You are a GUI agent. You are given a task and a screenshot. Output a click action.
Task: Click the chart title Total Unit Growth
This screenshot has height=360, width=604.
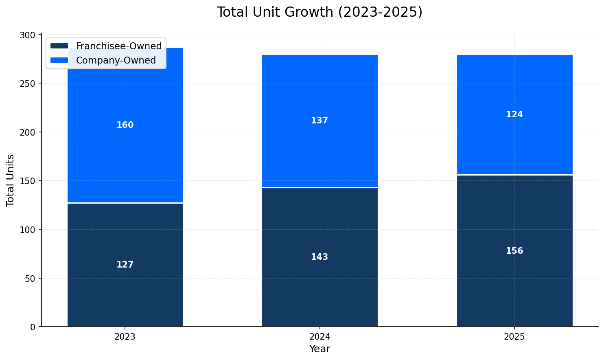click(x=320, y=12)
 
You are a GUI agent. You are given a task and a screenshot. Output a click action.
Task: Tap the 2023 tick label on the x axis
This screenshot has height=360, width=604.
click(x=125, y=337)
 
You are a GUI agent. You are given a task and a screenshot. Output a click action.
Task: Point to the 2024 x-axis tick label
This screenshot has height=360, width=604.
click(x=320, y=337)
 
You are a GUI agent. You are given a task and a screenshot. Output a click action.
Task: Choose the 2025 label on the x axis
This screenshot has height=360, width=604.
click(x=514, y=337)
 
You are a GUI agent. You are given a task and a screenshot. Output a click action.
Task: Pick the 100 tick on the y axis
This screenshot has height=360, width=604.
click(x=28, y=230)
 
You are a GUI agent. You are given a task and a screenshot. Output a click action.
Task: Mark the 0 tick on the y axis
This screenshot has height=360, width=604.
click(x=33, y=327)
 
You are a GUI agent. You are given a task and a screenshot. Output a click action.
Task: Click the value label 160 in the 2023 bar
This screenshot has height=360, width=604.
click(x=125, y=125)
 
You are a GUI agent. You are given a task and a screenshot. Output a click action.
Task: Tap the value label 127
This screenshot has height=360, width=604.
click(x=125, y=265)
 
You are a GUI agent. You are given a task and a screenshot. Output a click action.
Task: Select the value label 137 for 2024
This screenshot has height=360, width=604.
click(x=320, y=121)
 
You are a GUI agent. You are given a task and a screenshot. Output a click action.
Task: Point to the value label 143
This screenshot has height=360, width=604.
click(x=320, y=257)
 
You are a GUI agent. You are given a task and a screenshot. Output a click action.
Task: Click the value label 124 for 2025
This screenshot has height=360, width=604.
click(x=514, y=114)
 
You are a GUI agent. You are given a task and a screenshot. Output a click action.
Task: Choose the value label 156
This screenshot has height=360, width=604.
click(x=514, y=251)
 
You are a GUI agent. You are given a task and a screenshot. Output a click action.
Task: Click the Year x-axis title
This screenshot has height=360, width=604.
click(x=320, y=349)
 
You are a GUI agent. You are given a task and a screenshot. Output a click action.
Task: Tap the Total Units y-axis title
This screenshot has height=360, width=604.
click(x=11, y=180)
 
